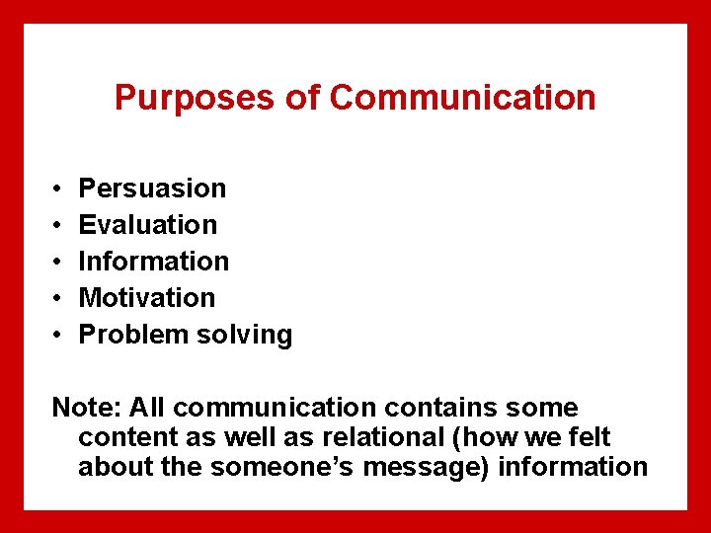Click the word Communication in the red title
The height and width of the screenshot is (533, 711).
(x=462, y=98)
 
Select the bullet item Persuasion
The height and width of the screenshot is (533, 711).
(x=152, y=188)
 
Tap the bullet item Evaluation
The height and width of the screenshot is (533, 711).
(x=147, y=224)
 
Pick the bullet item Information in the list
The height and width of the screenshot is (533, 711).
(x=153, y=261)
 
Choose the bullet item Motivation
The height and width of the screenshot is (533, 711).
(x=146, y=297)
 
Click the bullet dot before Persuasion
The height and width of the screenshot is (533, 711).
(x=58, y=189)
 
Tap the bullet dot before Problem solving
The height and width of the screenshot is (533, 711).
(x=58, y=335)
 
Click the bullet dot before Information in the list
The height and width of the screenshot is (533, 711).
(x=58, y=262)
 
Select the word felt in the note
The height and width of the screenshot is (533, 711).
(x=591, y=436)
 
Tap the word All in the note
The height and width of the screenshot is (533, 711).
(x=142, y=407)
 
